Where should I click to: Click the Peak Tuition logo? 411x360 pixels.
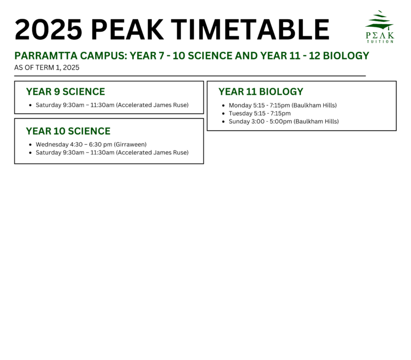click(379, 26)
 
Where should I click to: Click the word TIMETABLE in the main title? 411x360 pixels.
click(250, 29)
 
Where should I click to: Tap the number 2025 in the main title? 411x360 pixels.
click(49, 29)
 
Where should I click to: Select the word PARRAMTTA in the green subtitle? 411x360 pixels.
click(46, 56)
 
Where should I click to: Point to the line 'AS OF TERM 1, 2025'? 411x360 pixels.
click(47, 67)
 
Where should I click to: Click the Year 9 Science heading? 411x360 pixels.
click(65, 92)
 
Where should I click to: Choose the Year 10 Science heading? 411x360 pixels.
click(68, 131)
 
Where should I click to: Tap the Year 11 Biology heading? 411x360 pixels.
click(261, 92)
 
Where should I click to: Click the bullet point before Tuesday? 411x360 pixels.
click(223, 114)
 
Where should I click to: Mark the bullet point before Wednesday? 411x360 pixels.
click(31, 145)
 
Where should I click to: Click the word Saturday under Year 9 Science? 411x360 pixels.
click(49, 105)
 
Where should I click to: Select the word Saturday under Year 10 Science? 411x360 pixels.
click(49, 153)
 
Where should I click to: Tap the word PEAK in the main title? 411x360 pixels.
click(127, 29)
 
